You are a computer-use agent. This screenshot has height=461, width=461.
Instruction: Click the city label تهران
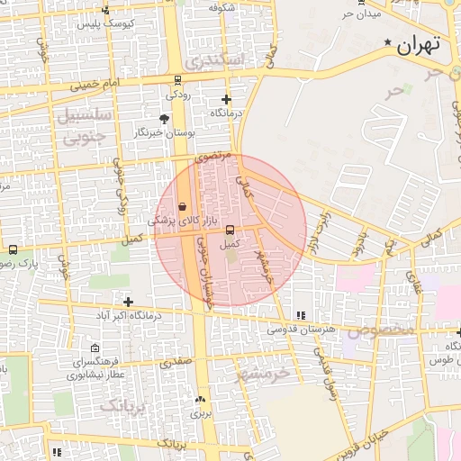(419, 44)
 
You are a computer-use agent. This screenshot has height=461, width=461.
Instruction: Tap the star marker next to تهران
(388, 42)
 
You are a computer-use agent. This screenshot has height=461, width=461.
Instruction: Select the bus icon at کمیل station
(230, 230)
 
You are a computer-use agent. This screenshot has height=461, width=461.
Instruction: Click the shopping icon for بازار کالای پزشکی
(183, 206)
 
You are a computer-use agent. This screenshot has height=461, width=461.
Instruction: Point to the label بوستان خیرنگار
(165, 132)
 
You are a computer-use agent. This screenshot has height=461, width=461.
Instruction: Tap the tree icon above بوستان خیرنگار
(163, 118)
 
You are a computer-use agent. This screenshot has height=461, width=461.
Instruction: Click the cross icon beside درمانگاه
(226, 100)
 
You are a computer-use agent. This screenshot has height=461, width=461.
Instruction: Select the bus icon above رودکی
(176, 80)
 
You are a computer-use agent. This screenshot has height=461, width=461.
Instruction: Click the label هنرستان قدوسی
(301, 330)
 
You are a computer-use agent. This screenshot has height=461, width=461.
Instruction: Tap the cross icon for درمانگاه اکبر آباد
(129, 302)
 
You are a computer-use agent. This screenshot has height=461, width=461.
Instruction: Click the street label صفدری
(176, 363)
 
